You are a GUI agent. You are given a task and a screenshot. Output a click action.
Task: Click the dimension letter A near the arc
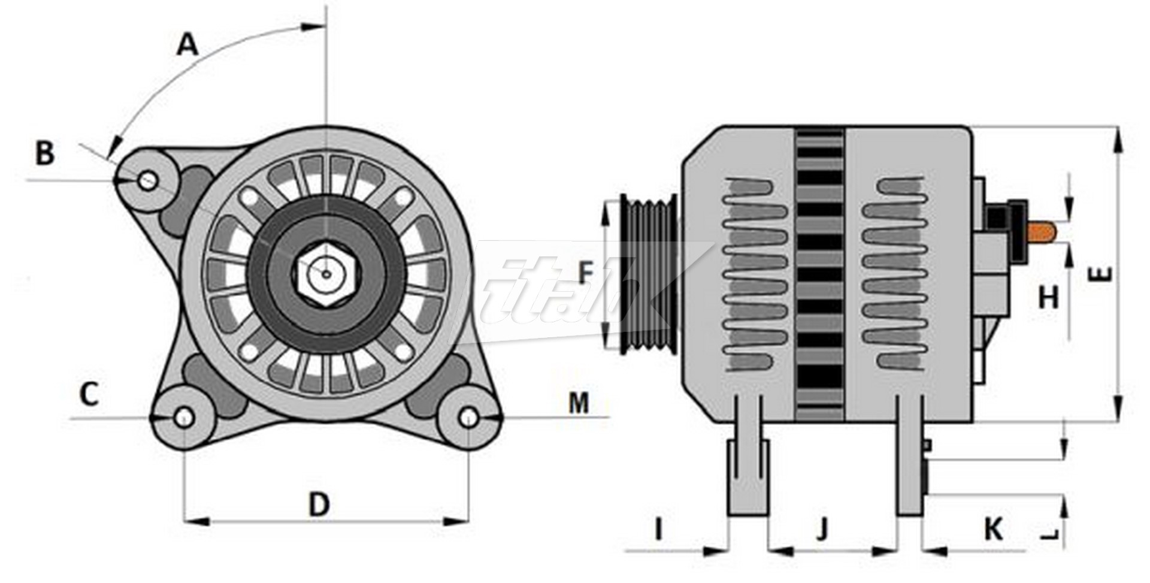[187, 46]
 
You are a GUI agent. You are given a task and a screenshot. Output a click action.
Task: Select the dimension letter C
[89, 394]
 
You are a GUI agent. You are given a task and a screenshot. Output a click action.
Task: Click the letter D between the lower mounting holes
[319, 505]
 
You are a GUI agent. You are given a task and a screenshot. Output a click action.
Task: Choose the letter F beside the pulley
[585, 273]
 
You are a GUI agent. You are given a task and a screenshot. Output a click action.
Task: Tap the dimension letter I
[658, 530]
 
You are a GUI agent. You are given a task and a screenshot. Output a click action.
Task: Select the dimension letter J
[822, 528]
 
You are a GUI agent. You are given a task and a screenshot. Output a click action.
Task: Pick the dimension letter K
[994, 530]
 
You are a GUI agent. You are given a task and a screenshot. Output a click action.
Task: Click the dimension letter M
[579, 403]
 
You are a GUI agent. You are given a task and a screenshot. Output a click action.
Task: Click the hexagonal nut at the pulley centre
[326, 274]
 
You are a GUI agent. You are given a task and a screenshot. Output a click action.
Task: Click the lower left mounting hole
[184, 418]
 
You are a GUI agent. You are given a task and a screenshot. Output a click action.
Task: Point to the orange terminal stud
[1042, 232]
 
